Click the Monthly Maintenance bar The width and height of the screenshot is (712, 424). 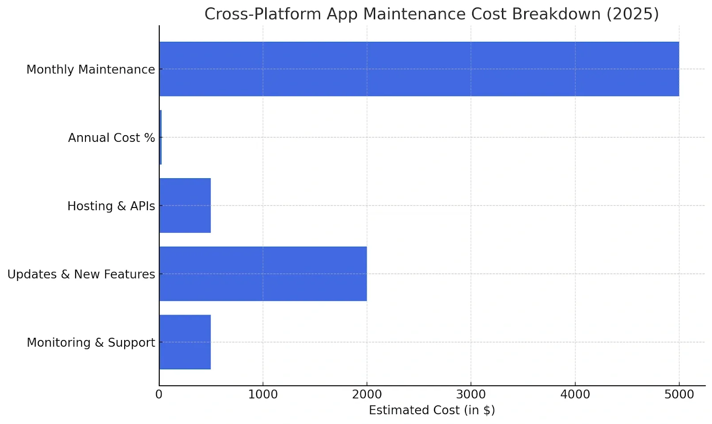coord(419,69)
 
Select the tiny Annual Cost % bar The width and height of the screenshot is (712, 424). coord(160,137)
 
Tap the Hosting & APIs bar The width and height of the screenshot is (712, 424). coord(185,205)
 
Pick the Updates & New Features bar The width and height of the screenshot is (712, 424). coord(263,274)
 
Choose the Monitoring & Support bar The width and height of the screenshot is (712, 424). coord(185,342)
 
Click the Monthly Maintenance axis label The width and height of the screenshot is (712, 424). coord(91,69)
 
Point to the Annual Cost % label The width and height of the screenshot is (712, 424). coord(111,138)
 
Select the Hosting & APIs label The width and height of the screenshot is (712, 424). coord(111,206)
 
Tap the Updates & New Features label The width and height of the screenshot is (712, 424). coord(81,274)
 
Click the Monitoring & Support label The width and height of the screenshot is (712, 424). coord(91,343)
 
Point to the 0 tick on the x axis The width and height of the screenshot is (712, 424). coord(159,395)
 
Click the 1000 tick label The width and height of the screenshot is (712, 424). coord(263,395)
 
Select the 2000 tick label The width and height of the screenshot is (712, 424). coord(367,395)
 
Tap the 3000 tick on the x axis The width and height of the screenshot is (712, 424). coord(471,395)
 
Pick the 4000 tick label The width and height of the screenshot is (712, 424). coord(575,395)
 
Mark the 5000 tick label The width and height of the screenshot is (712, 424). coord(679,395)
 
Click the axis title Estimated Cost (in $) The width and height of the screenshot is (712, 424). coord(432,410)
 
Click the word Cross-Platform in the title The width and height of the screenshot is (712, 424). coord(263,14)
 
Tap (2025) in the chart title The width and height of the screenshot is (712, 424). coord(632,14)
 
